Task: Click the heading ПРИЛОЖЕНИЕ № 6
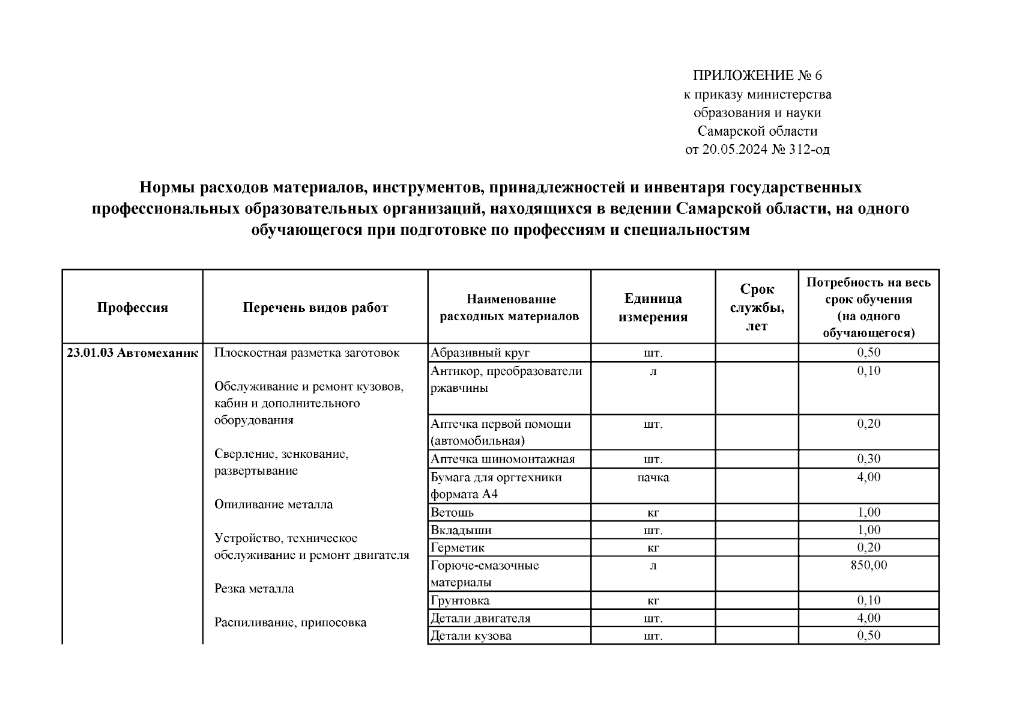[757, 76]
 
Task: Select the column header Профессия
[132, 308]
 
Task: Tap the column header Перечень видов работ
[315, 308]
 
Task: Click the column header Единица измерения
[653, 308]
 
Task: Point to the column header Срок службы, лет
[756, 308]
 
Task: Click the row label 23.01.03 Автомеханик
[132, 353]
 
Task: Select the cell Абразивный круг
[480, 353]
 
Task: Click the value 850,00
[868, 565]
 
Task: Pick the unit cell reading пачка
[653, 478]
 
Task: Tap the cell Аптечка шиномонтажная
[503, 460]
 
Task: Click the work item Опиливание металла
[273, 505]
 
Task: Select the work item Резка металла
[254, 589]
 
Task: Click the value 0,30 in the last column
[868, 460]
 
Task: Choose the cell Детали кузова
[471, 636]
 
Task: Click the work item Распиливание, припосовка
[290, 622]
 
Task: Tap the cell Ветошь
[452, 513]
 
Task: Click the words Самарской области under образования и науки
[757, 131]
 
